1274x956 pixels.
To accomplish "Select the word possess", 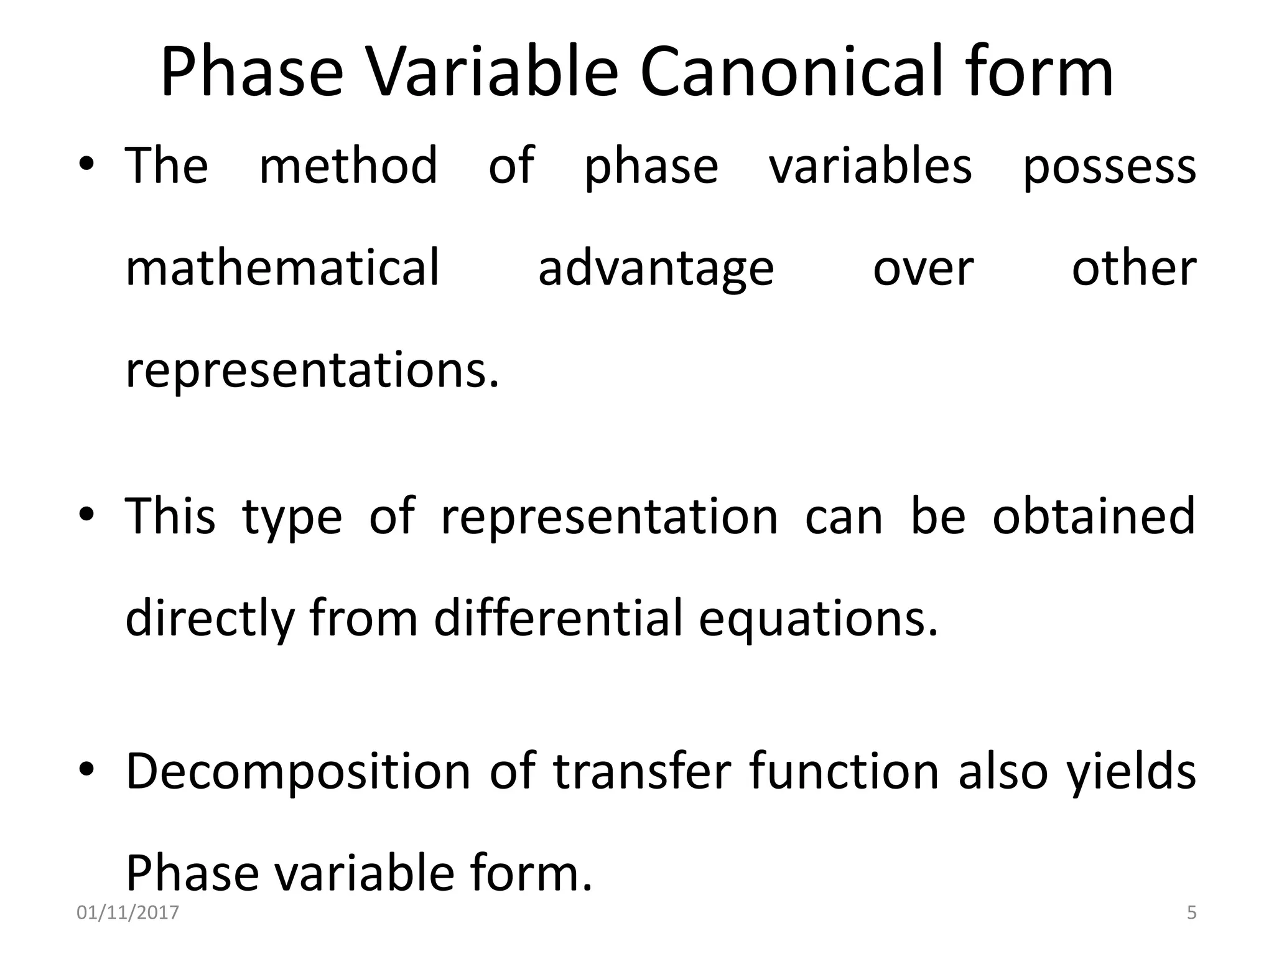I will tap(1109, 167).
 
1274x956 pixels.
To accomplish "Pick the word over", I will tap(923, 269).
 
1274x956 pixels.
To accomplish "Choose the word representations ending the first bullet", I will tap(312, 371).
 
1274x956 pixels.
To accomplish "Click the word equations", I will tap(818, 619).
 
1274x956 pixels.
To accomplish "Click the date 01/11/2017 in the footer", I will tap(128, 913).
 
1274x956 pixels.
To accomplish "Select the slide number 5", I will tap(1191, 913).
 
